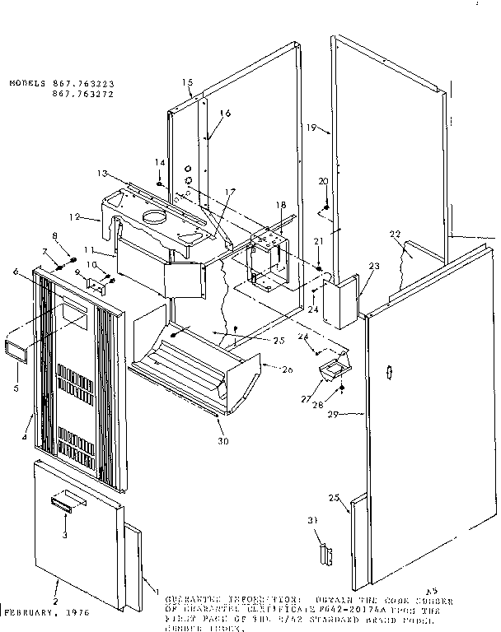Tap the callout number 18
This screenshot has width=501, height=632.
click(281, 204)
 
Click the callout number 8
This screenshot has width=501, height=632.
click(56, 236)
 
